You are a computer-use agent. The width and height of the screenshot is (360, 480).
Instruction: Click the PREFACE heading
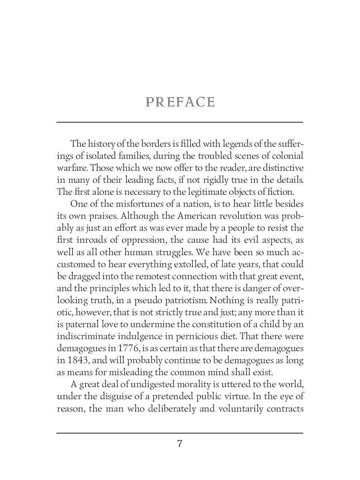pyautogui.click(x=180, y=102)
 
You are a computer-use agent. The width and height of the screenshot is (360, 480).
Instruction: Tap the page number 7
pyautogui.click(x=180, y=444)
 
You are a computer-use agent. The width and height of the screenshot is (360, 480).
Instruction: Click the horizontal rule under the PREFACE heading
pyautogui.click(x=180, y=122)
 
